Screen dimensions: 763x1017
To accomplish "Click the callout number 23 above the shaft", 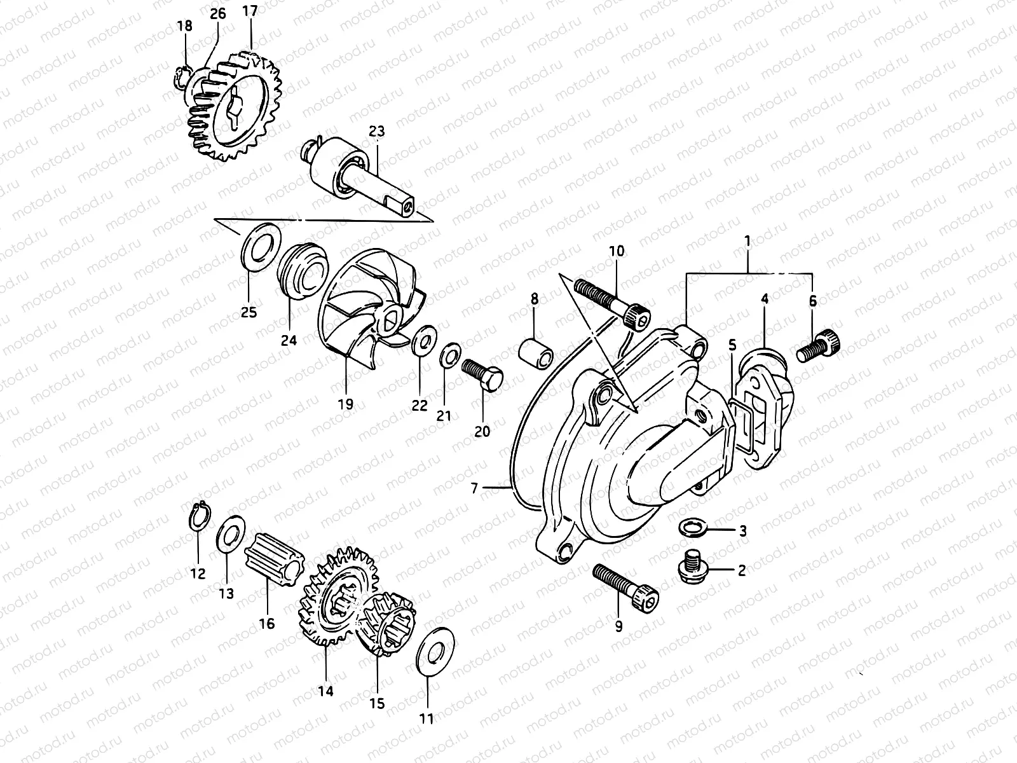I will (x=376, y=132).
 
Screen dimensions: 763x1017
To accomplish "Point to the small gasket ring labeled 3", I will (x=689, y=527).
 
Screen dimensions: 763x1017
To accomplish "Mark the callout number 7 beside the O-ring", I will (x=474, y=488).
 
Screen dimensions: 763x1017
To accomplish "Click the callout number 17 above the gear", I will (x=250, y=11).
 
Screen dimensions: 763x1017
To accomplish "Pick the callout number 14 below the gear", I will (x=325, y=691).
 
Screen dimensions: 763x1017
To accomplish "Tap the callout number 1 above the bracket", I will (x=748, y=242).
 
